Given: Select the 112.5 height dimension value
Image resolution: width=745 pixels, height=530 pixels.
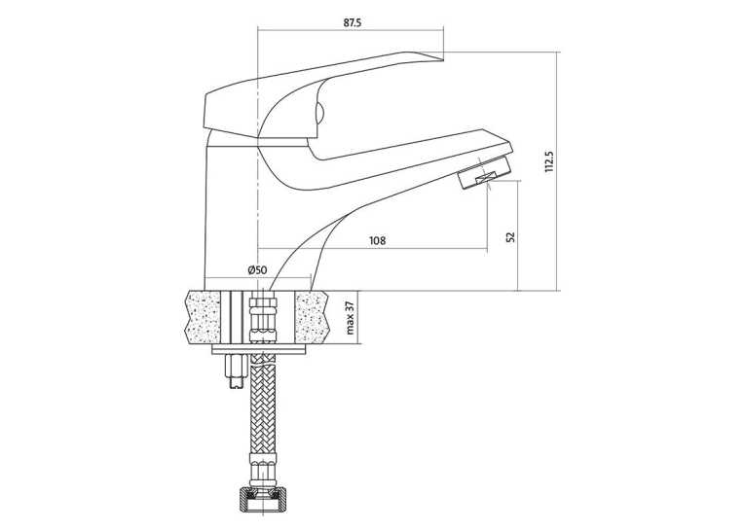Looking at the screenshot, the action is click(549, 161).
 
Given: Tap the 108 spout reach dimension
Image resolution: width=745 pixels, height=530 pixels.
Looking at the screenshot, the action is click(377, 240).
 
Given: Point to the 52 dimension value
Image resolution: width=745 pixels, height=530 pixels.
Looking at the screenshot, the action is click(510, 236).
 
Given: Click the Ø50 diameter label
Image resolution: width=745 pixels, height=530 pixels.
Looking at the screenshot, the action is click(257, 270).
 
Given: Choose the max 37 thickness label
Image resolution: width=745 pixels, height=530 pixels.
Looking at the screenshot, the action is click(351, 317).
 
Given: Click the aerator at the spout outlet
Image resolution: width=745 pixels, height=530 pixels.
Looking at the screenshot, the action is click(485, 173).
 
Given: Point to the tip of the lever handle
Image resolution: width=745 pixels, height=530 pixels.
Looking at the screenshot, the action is click(442, 59).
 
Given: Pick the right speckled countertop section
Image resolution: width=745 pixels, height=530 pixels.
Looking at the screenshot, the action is click(313, 316).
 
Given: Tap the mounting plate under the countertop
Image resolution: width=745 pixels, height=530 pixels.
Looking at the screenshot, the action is click(260, 349).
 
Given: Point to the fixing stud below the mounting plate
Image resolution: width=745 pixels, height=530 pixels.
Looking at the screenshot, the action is click(236, 371).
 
